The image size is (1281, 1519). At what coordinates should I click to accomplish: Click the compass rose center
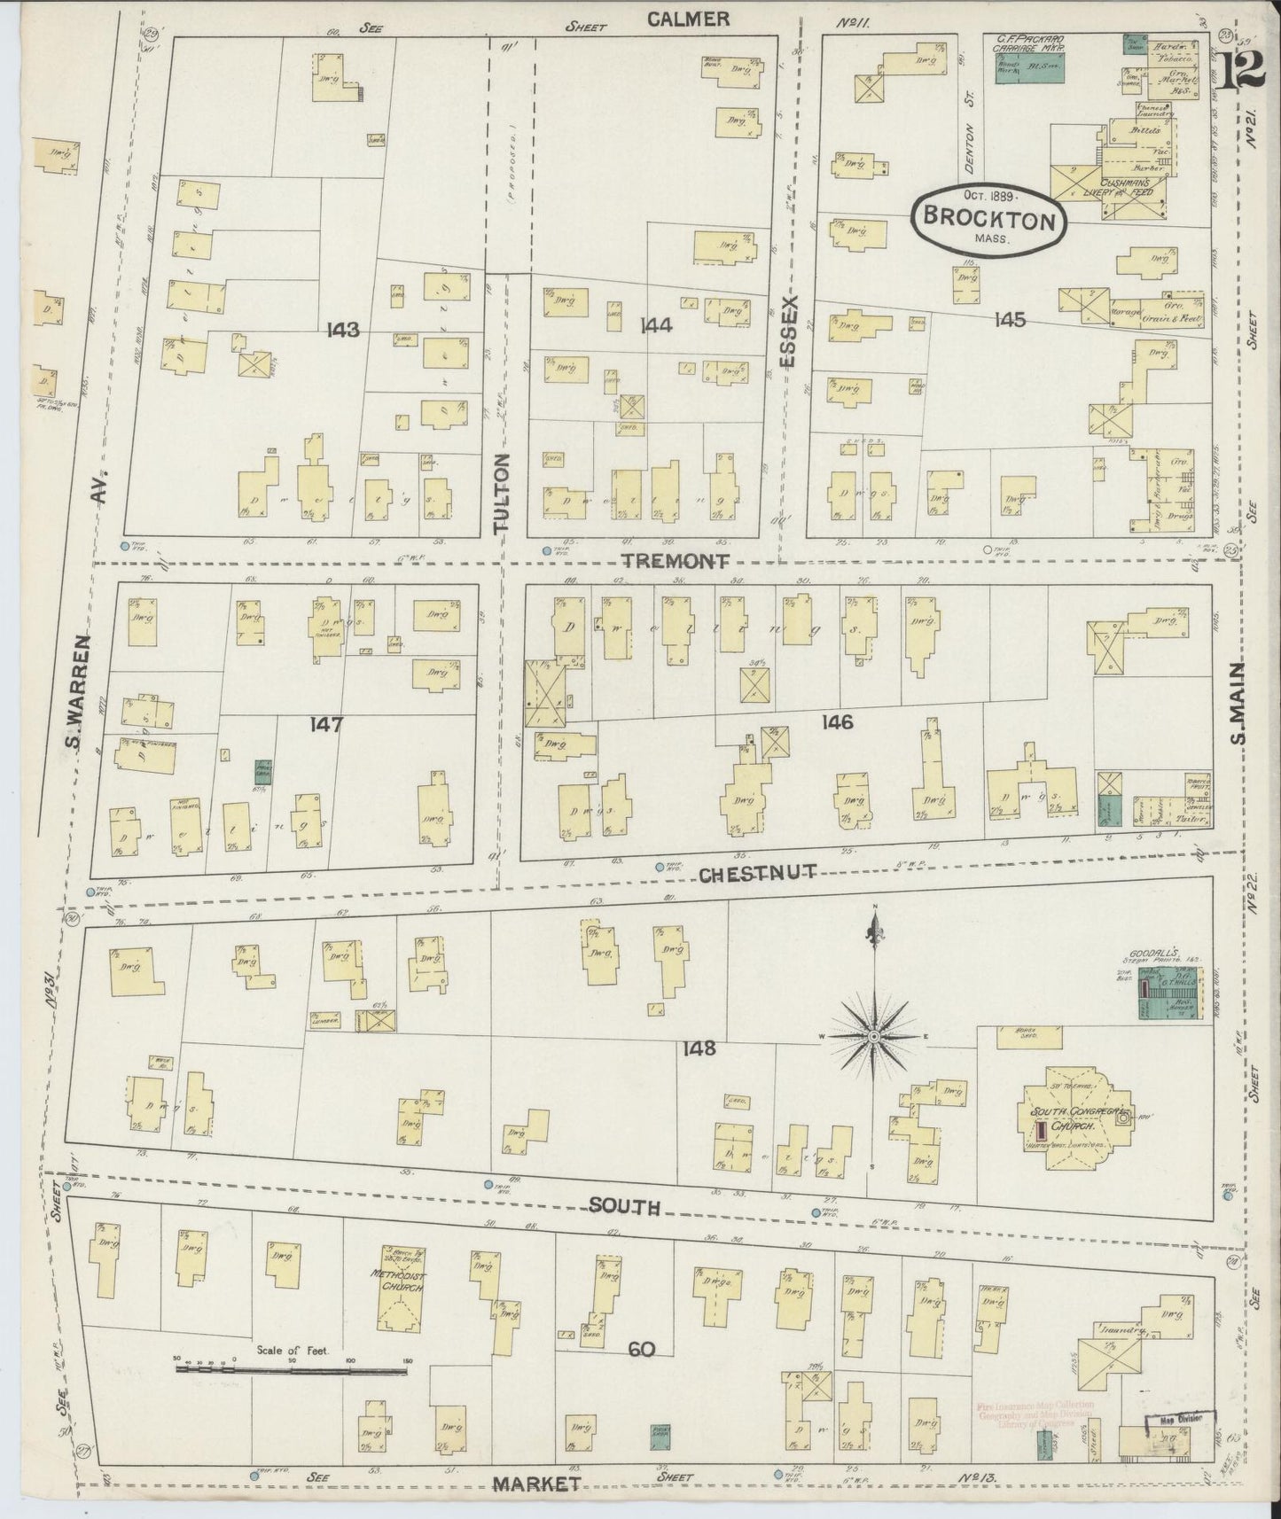[x=875, y=1035]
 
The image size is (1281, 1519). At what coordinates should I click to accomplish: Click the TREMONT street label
[x=676, y=561]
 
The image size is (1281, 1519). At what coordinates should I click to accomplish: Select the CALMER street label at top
[x=688, y=19]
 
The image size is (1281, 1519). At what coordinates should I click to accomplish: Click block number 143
[x=342, y=330]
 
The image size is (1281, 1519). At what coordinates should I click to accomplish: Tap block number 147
[x=325, y=724]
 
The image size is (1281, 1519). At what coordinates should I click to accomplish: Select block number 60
[x=641, y=1350]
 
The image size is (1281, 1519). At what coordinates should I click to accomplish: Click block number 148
[x=699, y=1048]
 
